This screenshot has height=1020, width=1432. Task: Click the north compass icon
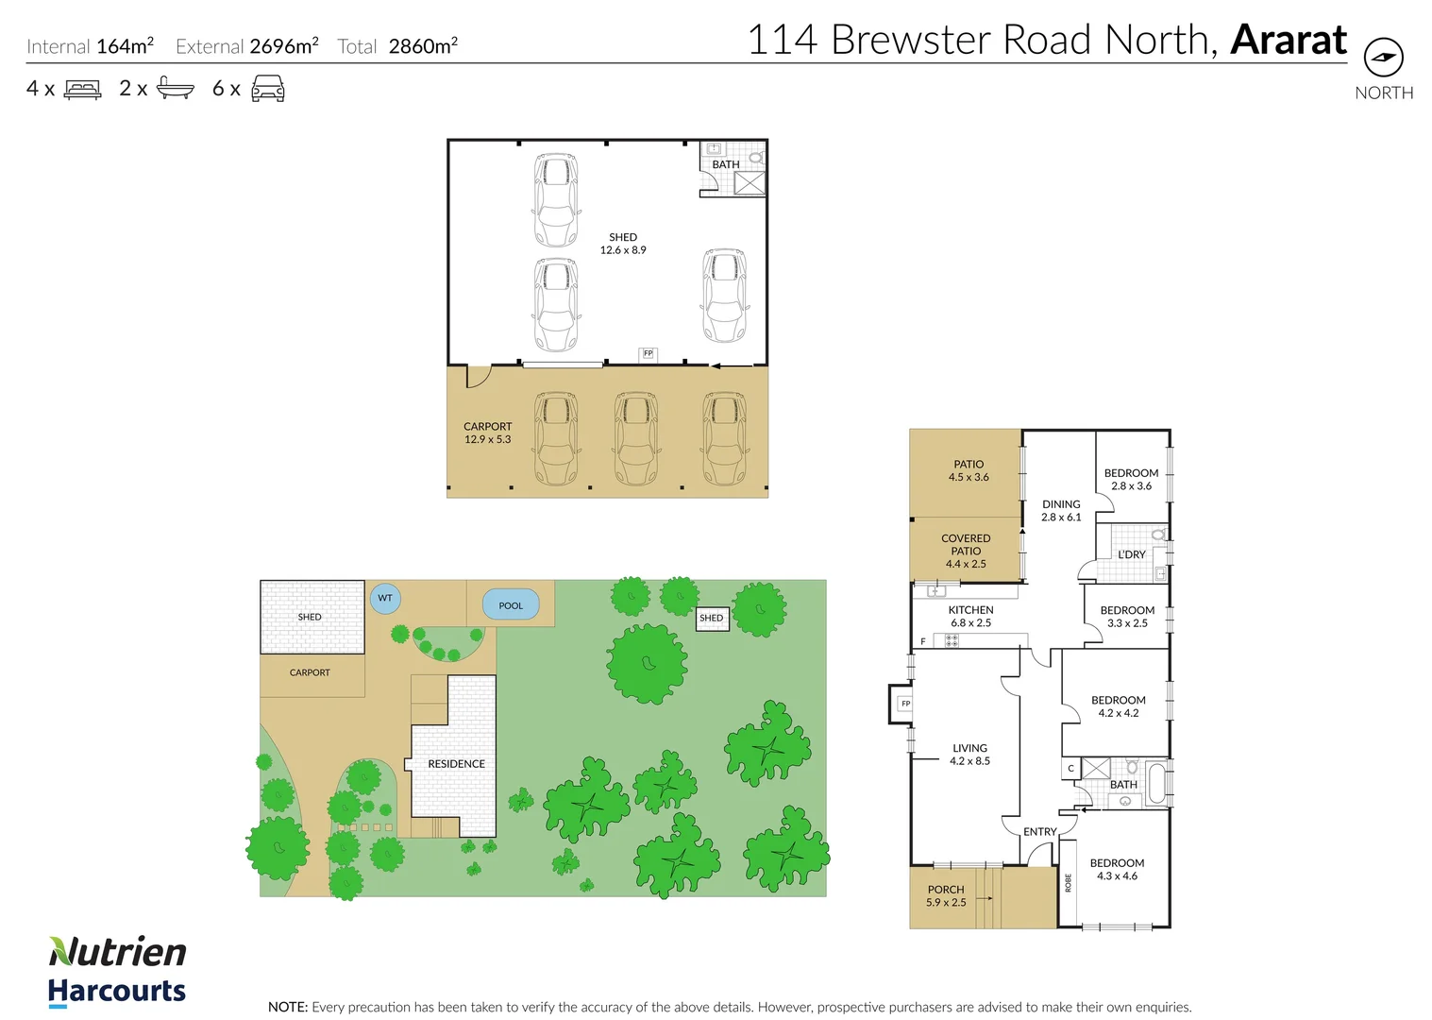[x=1383, y=58]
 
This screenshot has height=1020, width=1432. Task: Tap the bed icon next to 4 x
[x=82, y=90]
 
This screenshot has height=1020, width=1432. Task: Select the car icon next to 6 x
[x=268, y=89]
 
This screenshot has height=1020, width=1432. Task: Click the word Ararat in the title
[x=1289, y=40]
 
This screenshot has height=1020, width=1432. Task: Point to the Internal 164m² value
[x=125, y=46]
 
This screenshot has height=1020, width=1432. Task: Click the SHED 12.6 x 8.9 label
[x=623, y=244]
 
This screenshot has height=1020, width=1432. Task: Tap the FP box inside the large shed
[x=648, y=353]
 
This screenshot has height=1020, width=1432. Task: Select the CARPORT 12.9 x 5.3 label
[x=487, y=433]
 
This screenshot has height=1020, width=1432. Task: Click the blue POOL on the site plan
[x=511, y=605]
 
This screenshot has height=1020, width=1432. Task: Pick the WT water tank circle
[x=385, y=598]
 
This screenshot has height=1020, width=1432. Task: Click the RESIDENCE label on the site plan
[x=456, y=763]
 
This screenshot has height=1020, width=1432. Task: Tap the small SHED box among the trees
[x=712, y=619]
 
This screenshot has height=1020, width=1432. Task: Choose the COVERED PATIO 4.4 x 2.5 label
[x=966, y=551]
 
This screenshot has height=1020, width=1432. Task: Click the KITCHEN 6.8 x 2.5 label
[x=970, y=616]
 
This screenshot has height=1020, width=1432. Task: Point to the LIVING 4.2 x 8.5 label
[x=969, y=754]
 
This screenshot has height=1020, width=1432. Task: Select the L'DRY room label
[x=1131, y=554]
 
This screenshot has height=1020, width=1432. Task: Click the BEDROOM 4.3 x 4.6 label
[x=1117, y=869]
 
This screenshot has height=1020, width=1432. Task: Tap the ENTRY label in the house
[x=1039, y=831]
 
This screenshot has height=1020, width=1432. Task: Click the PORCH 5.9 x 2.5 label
[x=946, y=895]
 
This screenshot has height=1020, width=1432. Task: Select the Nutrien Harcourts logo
[x=117, y=971]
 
